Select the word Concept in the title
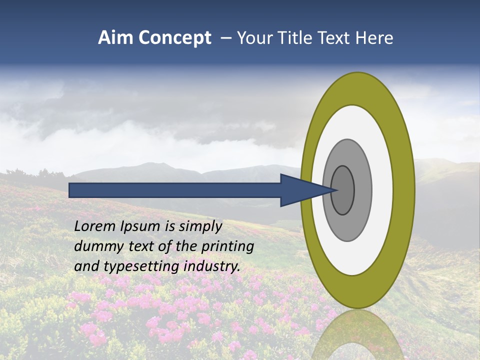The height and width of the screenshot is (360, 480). pos(174,38)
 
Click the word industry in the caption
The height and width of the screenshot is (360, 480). pos(212,266)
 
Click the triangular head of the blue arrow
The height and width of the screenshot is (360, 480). pos(300,190)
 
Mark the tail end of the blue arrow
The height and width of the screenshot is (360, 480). pos(71,190)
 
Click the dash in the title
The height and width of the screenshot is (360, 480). pos(226,38)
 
